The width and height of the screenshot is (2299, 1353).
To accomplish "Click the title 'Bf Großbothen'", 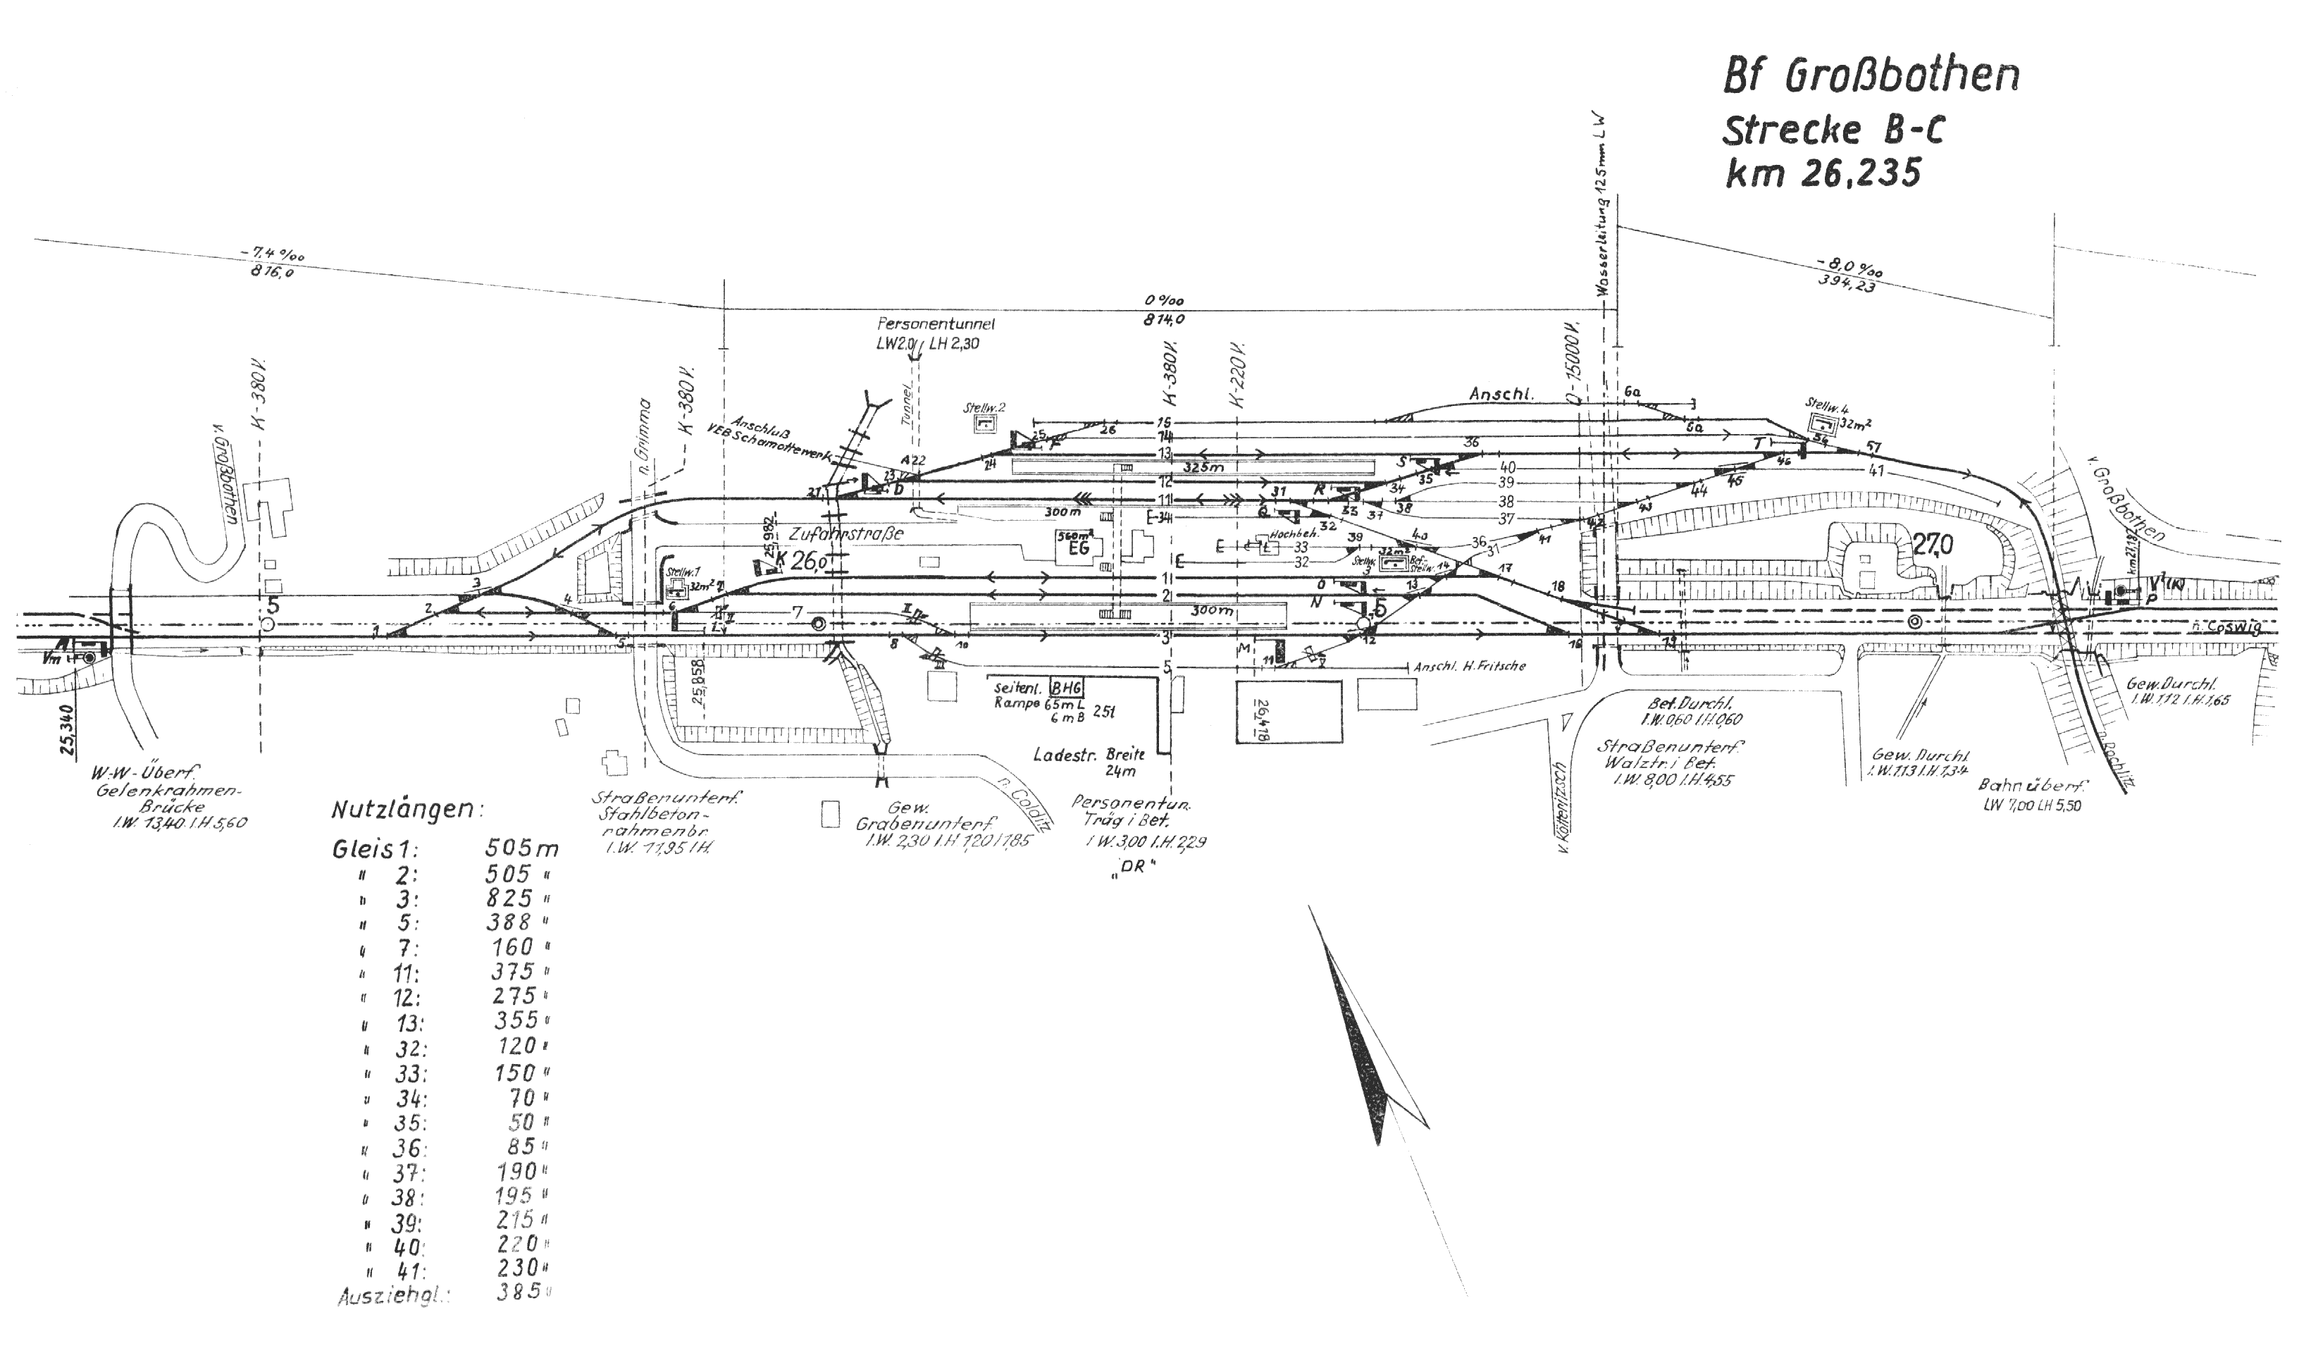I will pos(1869,78).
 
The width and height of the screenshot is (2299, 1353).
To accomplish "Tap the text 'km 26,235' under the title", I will pos(1823,173).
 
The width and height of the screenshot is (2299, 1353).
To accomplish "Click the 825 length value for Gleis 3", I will pos(510,898).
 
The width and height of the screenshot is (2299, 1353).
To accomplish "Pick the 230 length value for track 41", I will pos(516,1268).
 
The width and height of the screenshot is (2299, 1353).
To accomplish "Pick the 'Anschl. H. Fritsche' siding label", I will pos(1469,667).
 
